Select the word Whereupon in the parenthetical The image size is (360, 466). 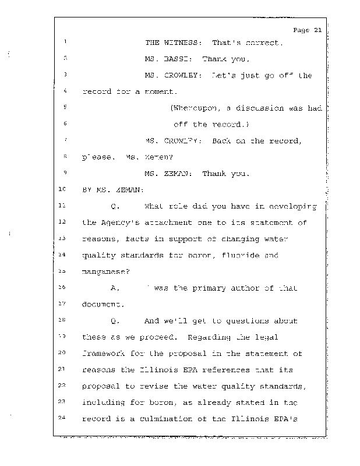(195, 108)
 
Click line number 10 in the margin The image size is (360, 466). (63, 190)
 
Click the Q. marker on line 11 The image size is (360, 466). (115, 206)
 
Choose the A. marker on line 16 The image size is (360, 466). (115, 288)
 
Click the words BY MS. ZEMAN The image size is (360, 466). (109, 190)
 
